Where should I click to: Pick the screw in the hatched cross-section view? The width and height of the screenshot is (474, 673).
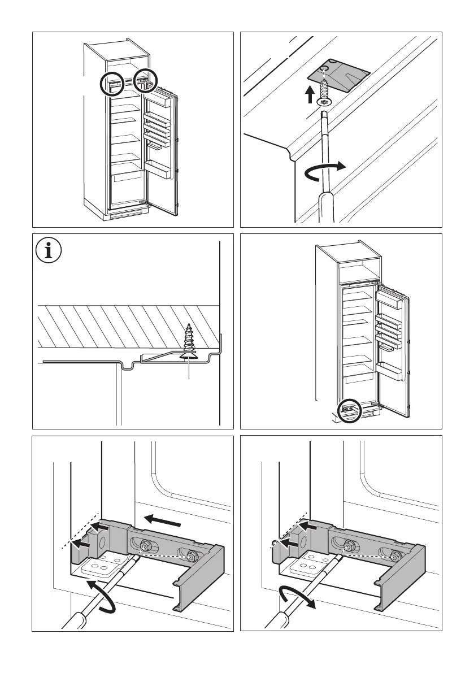188,342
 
